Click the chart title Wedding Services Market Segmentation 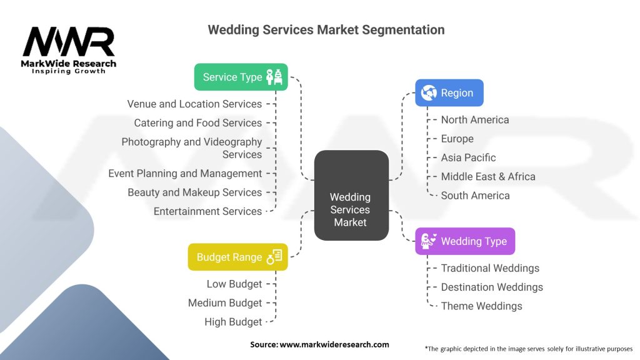[326, 29]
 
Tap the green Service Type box [241, 77]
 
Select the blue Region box [449, 92]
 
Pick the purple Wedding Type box [465, 241]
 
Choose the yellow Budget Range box [237, 257]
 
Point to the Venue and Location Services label [194, 104]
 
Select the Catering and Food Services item [197, 122]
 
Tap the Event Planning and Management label [185, 173]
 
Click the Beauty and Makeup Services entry [194, 192]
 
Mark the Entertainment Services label [207, 211]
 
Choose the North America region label [475, 119]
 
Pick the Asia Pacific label [468, 157]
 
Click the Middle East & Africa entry [488, 176]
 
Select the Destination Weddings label [492, 287]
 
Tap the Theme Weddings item [481, 306]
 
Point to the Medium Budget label [225, 302]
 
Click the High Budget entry [233, 322]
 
